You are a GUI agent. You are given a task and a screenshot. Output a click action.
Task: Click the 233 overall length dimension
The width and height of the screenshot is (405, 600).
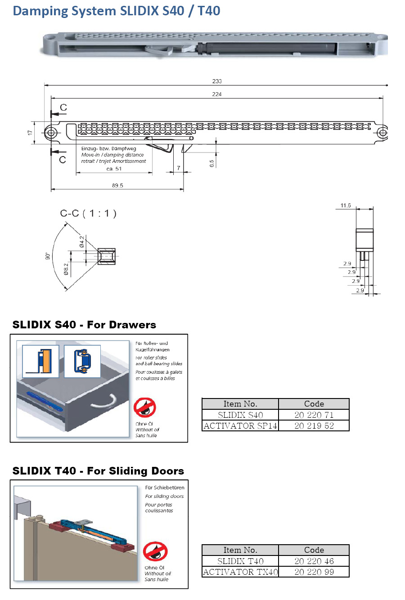tap(217, 81)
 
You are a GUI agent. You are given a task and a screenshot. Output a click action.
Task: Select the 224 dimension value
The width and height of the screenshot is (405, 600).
tap(217, 94)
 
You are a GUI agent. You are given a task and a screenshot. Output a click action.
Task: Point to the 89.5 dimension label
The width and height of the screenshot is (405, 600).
tap(117, 185)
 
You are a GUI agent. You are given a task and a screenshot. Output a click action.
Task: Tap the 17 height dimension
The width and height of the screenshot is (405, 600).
tap(30, 133)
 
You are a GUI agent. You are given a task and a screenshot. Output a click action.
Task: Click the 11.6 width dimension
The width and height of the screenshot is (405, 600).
tap(346, 206)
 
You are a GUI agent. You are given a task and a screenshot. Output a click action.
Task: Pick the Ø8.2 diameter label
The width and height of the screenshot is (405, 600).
tap(66, 269)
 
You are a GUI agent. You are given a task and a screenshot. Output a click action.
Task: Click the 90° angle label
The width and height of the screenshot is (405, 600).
tap(48, 256)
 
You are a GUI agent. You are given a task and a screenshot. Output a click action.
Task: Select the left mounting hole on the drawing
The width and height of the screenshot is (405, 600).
tap(51, 133)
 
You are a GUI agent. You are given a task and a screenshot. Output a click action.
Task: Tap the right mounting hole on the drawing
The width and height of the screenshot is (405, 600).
tap(382, 133)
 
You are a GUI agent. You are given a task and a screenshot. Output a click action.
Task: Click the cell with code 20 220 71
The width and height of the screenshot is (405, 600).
tap(314, 415)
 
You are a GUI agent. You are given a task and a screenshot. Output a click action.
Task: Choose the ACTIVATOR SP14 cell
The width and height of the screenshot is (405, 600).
tap(240, 425)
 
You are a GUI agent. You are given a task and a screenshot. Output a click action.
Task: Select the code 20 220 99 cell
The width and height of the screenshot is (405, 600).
tap(314, 572)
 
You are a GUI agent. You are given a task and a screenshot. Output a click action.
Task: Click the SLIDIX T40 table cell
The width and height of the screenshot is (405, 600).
tap(240, 561)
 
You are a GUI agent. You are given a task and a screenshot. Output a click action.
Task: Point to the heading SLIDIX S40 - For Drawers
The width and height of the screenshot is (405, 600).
tap(84, 325)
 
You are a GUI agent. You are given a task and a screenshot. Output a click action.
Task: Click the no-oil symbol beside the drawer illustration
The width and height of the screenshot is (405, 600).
tap(145, 407)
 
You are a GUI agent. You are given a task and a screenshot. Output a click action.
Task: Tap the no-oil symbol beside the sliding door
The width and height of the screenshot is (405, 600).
tap(155, 551)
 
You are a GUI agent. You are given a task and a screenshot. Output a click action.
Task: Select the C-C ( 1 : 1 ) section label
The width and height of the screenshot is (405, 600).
tap(88, 213)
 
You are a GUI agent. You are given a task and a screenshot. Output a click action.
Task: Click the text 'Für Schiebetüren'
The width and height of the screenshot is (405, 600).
tap(165, 488)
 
